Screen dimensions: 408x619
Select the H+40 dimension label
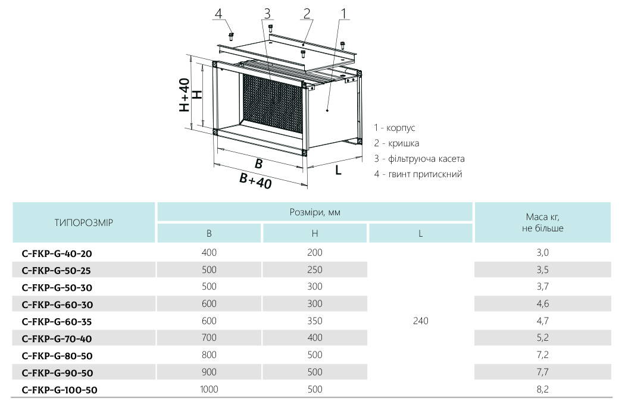185,95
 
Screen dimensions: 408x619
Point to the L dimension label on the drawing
338,170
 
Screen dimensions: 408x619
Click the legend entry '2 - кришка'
396,143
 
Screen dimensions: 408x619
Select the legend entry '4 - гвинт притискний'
418,174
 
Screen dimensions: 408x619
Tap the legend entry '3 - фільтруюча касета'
419,159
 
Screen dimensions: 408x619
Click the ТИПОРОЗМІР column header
84,223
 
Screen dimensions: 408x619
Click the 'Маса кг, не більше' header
542,222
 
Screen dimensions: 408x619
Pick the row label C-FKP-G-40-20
57,253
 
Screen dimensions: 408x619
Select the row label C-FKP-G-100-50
59,390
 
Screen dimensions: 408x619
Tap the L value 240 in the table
420,321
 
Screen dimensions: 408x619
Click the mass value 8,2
542,390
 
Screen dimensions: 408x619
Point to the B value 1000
209,390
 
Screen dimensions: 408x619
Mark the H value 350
315,321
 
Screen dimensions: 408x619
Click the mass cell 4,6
542,305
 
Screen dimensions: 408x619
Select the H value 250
315,270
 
